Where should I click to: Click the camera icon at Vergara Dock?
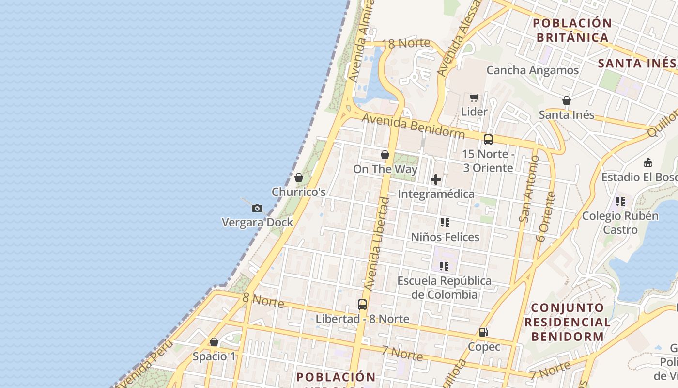pos(257,209)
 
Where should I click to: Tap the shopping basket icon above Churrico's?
pos(299,178)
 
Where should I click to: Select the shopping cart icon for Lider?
pos(474,98)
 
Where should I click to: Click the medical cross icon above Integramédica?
pos(436,179)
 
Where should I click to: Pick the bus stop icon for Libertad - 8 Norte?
pos(362,305)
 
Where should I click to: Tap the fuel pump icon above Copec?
pos(483,332)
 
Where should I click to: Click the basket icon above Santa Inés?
pos(567,100)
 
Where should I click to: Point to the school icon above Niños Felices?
pos(445,223)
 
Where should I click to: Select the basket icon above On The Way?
pos(385,155)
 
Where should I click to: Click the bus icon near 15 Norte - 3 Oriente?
pos(488,140)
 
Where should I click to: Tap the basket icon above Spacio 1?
pos(214,342)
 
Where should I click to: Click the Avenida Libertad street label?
pos(377,243)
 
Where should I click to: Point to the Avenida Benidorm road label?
pos(413,125)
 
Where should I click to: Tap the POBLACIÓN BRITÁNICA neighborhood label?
pos(572,30)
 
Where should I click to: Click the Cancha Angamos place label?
pos(532,70)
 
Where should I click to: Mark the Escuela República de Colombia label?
pos(444,287)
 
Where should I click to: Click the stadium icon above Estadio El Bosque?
pos(648,162)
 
